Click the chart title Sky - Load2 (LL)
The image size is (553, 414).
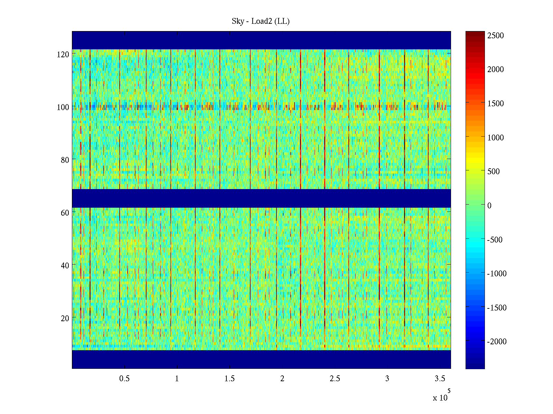(x=261, y=21)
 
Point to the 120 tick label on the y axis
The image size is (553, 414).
(x=63, y=55)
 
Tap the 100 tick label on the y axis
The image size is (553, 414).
(x=63, y=107)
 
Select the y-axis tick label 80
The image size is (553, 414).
(x=65, y=160)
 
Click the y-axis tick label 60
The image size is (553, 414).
(x=65, y=213)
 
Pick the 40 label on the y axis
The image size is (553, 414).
(x=65, y=266)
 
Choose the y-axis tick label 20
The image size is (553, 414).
(x=65, y=318)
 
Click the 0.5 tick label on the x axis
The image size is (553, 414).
(x=124, y=379)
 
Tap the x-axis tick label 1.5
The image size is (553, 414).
(x=229, y=379)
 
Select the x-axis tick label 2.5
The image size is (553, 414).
(x=335, y=379)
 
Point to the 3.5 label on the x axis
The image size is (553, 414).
(x=440, y=379)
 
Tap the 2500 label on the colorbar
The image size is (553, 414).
(x=496, y=36)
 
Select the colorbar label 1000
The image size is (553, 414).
(x=496, y=138)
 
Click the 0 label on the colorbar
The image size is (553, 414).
(x=489, y=206)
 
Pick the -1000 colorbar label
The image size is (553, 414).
(x=497, y=274)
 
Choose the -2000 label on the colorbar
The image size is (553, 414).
(x=497, y=342)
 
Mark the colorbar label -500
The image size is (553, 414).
(x=495, y=240)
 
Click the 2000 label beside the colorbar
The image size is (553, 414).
(x=496, y=69)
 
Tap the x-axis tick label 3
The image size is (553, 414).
(x=387, y=379)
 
